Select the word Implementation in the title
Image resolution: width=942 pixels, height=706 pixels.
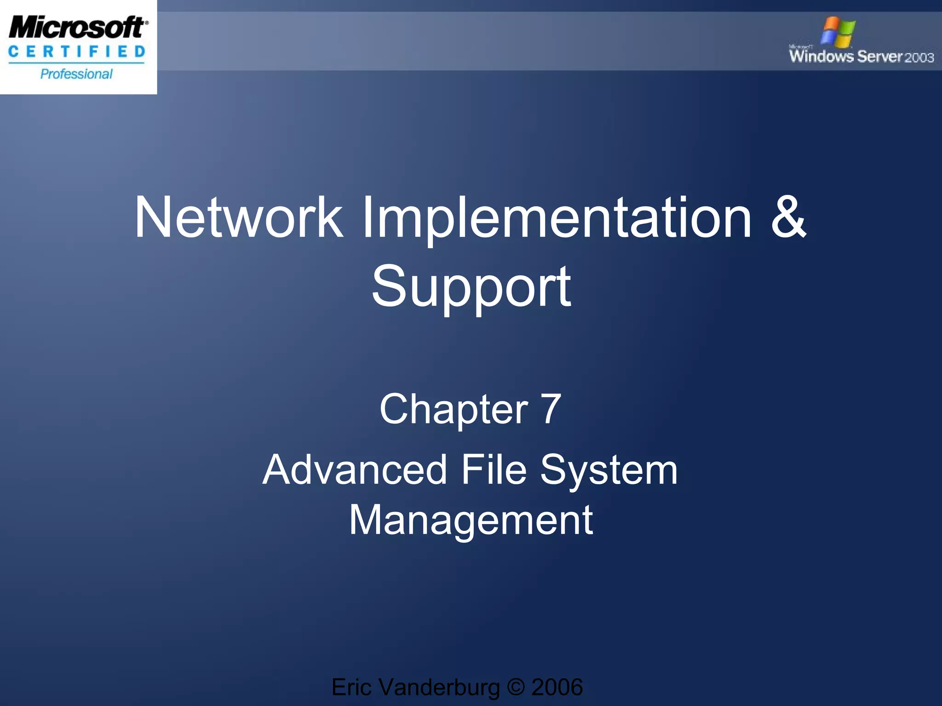[x=557, y=219]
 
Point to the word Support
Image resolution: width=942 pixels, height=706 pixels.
[x=471, y=288]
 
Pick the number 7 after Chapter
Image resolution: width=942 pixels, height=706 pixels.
[x=551, y=409]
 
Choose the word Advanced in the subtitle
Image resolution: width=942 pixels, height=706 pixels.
[x=355, y=470]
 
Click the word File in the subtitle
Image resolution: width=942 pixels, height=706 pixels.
[x=494, y=470]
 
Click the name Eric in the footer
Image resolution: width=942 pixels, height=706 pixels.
[x=351, y=688]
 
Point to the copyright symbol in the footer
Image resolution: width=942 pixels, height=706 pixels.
[x=516, y=688]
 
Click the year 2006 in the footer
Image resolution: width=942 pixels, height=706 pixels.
[x=557, y=688]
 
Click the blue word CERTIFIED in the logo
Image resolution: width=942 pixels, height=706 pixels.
[x=77, y=52]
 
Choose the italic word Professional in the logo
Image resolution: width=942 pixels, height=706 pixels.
[x=76, y=74]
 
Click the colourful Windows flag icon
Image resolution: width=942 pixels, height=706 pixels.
[x=839, y=32]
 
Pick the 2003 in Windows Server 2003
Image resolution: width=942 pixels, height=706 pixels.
[x=919, y=57]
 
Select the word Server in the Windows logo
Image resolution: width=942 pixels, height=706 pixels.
[x=880, y=57]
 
